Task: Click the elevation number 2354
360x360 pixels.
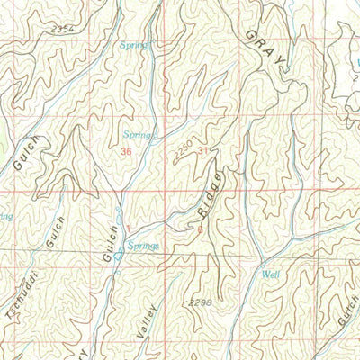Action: (x=61, y=31)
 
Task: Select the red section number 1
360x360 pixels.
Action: (x=129, y=227)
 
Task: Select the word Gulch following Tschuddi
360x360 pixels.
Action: (x=54, y=233)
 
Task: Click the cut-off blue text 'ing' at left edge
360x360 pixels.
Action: (x=6, y=217)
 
